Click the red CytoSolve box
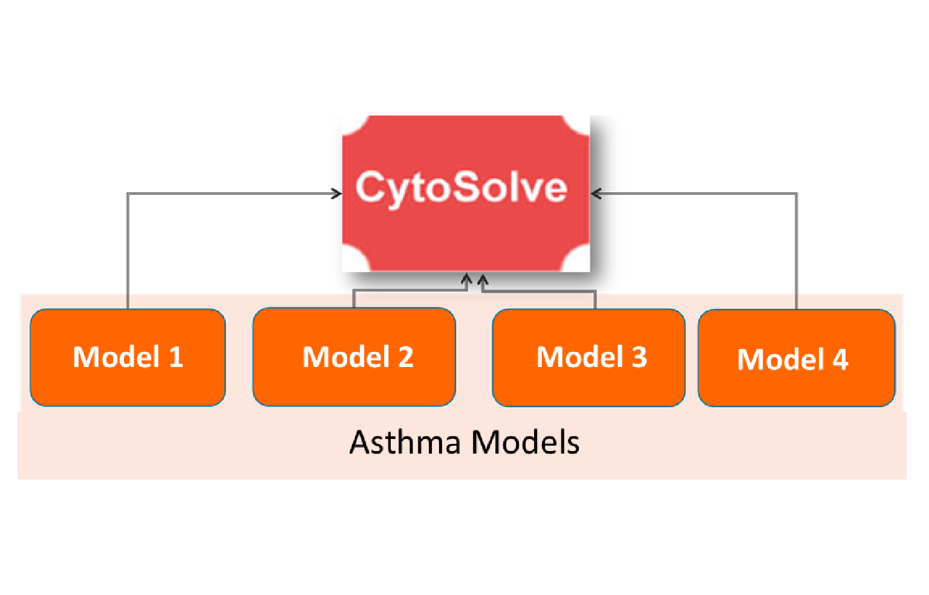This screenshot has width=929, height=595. pos(466,230)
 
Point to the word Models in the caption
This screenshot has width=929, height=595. pos(525,442)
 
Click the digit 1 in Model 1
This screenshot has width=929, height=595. pos(176,357)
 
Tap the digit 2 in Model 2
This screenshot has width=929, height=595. pos(406,357)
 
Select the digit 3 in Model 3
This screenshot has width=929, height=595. pos(639,357)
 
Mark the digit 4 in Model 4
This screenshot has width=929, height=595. pos(840,360)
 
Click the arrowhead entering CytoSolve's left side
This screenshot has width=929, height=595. pos(336,193)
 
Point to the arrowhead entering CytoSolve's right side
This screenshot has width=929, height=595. pos(596,193)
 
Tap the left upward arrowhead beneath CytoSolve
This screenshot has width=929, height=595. pos(466,279)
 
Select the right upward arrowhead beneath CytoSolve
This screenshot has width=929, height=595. pos(483,279)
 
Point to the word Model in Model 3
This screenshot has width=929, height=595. pos(580,357)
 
